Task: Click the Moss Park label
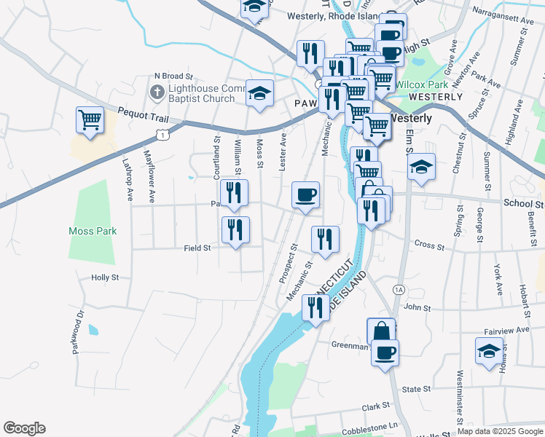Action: pos(93,232)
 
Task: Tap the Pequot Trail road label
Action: pos(143,114)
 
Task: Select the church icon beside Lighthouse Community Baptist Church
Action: pos(156,92)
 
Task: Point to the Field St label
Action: pos(197,248)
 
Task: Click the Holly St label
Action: pos(105,277)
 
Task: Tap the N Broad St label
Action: pos(173,76)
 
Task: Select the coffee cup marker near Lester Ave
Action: pos(305,194)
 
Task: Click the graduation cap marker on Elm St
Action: pos(421,168)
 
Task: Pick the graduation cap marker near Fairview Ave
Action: pos(489,351)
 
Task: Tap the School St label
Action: pos(523,205)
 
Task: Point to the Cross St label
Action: pos(428,245)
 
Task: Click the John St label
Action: pos(418,308)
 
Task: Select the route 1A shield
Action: pos(399,289)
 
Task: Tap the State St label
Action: pos(417,390)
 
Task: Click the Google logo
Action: pos(24,428)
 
